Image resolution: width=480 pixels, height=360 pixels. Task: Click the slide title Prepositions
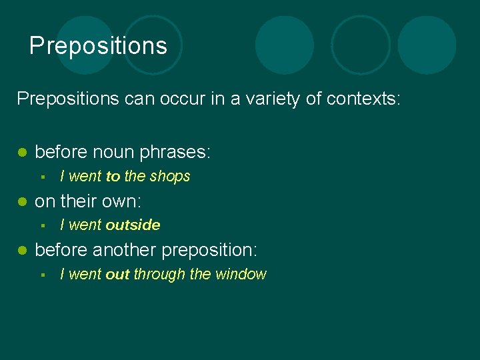click(98, 46)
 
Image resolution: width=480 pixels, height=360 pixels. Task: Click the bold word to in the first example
click(113, 177)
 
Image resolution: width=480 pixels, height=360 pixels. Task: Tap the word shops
click(170, 177)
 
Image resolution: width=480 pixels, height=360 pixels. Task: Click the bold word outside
click(133, 225)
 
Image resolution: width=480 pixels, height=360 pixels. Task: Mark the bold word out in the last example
click(117, 275)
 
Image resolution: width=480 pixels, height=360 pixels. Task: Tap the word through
click(159, 275)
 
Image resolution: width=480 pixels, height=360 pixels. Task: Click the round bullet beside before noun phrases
click(22, 153)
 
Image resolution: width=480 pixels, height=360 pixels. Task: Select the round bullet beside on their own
click(22, 201)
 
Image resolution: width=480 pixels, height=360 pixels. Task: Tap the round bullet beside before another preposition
click(22, 251)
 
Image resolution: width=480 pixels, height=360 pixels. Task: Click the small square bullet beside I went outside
click(42, 225)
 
